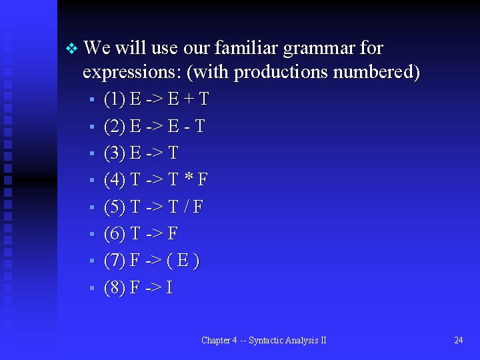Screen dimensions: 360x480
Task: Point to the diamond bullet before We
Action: pos(71,49)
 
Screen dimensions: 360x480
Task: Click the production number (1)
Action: pos(115,99)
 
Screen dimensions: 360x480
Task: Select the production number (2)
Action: pos(115,126)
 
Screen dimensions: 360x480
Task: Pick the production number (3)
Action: pos(115,153)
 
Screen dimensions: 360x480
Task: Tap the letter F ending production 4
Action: pos(203,180)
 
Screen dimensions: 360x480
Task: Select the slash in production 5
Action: pos(185,207)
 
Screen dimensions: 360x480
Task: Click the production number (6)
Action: pos(115,234)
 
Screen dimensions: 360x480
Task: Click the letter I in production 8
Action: pos(169,288)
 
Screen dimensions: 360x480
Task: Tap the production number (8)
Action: pos(115,288)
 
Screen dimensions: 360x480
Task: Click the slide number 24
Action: pos(458,341)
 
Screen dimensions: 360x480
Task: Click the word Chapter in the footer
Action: pos(216,341)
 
